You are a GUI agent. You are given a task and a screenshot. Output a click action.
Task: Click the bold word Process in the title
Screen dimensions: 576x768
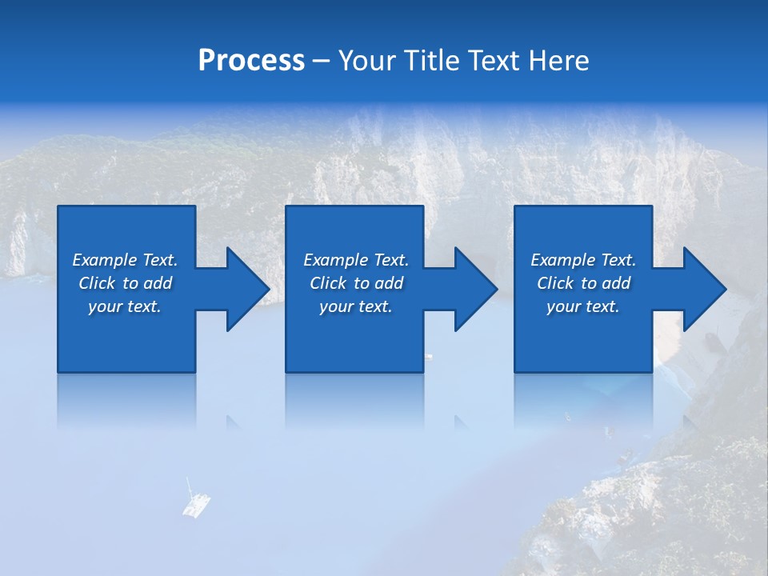[251, 61]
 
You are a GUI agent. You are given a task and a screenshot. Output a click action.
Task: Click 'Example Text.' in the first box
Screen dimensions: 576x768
[125, 260]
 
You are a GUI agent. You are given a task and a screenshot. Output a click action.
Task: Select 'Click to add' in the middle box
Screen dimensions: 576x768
[356, 283]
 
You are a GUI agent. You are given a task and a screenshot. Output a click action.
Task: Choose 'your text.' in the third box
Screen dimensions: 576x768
[582, 306]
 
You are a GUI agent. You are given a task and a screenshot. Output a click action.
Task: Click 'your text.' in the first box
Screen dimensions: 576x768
[125, 306]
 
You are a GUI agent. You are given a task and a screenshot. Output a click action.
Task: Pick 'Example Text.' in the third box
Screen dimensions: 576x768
[582, 260]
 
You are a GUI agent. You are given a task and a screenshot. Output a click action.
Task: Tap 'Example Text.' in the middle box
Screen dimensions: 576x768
[356, 260]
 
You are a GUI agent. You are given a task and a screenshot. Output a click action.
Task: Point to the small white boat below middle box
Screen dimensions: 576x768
[429, 356]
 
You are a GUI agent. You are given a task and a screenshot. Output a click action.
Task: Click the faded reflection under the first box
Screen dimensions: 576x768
[126, 400]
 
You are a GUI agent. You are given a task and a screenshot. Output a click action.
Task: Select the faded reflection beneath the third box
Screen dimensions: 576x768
[582, 400]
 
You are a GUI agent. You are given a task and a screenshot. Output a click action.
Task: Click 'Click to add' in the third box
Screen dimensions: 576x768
[582, 283]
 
